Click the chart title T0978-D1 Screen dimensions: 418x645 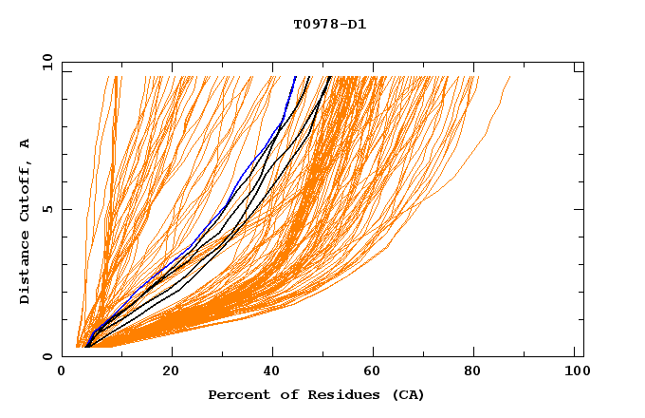point(329,25)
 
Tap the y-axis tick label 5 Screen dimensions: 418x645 point(47,209)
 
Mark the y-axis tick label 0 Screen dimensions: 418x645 point(47,356)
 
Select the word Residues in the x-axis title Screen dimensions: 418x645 point(333,394)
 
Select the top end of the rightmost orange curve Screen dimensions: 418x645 point(510,77)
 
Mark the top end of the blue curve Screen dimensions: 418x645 point(296,77)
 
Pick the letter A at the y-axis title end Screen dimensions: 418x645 point(26,142)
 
